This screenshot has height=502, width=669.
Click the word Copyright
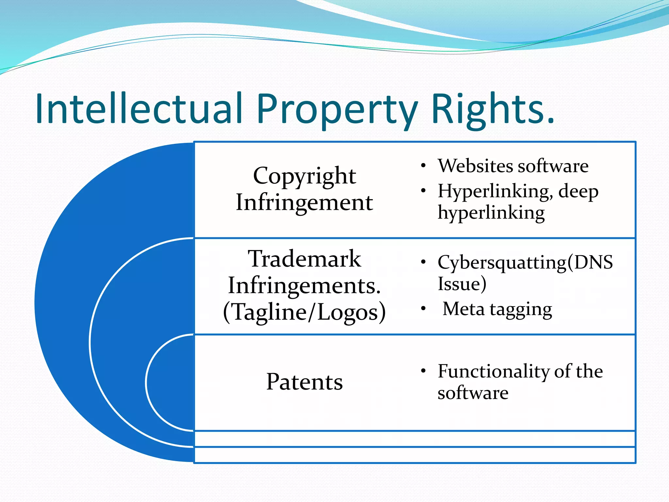point(304,176)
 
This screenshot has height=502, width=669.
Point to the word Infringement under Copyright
point(304,202)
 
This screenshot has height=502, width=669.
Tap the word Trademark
point(304,259)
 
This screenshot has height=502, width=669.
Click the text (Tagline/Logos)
point(304,312)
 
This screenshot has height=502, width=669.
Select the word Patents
point(304,381)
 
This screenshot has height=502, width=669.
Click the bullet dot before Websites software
point(423,166)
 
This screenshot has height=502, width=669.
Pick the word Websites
point(475,166)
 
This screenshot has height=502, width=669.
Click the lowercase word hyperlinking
point(491,213)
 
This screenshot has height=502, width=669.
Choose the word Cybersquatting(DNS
point(525,262)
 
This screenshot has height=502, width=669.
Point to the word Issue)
point(462,283)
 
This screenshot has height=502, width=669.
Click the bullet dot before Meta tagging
point(423,309)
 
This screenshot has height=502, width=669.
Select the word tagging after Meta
point(521,309)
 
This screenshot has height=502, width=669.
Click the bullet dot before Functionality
point(423,371)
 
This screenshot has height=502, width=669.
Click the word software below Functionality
point(473,393)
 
